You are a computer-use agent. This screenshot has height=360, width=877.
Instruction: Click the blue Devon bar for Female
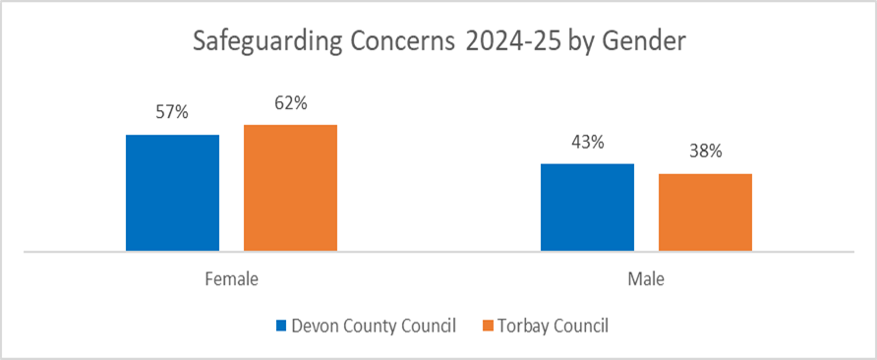pos(172,193)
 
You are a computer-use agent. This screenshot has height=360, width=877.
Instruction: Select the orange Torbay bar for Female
pos(290,188)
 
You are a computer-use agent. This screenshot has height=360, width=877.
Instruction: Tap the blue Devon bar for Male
pos(587,208)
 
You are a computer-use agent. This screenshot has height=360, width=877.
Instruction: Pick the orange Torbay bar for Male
pos(705,212)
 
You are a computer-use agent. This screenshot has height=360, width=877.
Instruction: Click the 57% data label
pos(171,112)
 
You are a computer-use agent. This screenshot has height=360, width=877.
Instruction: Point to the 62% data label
pos(290,102)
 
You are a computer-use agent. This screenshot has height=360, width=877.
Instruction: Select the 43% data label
pos(587,142)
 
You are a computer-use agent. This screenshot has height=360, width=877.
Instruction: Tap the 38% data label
pos(705,151)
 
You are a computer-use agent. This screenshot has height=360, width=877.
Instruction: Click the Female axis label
pos(231,279)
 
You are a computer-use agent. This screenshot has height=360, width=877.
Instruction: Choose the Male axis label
pos(646,279)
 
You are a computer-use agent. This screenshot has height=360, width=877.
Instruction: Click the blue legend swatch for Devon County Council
pos(282,326)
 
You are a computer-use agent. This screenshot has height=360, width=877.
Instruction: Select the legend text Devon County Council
pos(374,326)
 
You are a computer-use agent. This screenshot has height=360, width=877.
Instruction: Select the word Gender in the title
pos(645,44)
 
